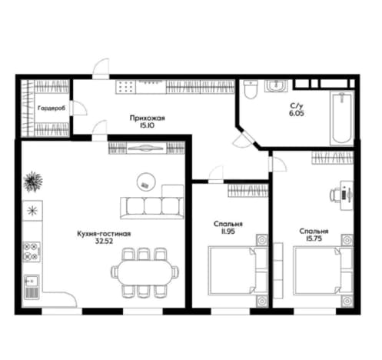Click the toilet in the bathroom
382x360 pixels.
[251, 89]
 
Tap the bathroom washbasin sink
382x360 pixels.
[276, 85]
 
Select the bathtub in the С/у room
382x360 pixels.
[342, 118]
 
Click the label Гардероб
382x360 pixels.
[51, 108]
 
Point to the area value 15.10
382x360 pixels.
[147, 125]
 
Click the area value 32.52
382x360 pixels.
[104, 241]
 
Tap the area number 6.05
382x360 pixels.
[297, 113]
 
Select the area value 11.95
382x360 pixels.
[228, 232]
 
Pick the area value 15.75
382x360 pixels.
[314, 238]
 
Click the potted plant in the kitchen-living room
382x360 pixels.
[33, 181]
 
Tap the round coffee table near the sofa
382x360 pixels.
[146, 182]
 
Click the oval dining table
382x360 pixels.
[144, 272]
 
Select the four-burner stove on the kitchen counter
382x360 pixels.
[32, 252]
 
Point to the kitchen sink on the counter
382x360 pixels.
[32, 287]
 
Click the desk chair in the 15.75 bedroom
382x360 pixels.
[334, 195]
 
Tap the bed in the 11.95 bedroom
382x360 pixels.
[238, 271]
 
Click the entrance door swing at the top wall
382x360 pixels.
[101, 68]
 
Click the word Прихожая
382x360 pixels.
[148, 118]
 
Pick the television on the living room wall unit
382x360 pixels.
[146, 148]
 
